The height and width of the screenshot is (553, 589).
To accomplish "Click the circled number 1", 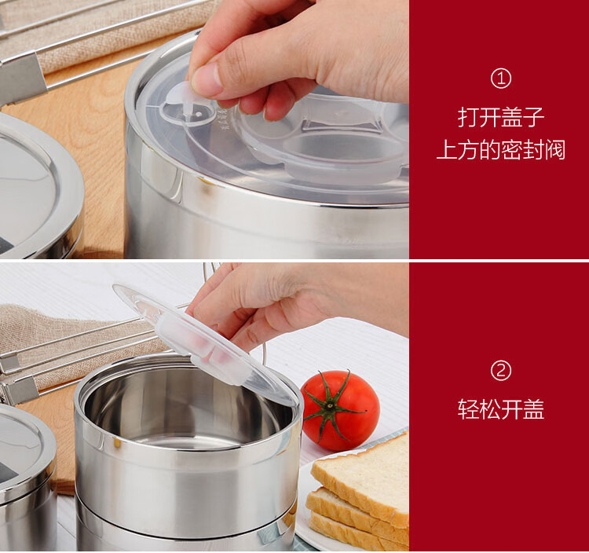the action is coord(501,79).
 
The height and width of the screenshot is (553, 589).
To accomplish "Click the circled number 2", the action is coord(501,371).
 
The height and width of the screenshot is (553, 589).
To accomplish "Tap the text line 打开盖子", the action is coord(501,117).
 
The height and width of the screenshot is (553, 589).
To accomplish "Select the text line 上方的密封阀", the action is coord(501,149).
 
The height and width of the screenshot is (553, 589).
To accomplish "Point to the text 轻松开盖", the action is coord(501,408).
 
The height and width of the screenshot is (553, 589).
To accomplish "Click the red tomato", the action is coord(340,410).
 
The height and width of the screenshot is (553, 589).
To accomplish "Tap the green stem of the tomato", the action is coord(330,405).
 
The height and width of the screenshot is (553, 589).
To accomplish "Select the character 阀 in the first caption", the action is coord(554,149).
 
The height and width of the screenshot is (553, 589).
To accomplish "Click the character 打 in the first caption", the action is coord(468,117).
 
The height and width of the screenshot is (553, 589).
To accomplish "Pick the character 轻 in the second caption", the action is coord(468,408).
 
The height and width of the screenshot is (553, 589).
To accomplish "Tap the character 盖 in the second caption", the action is coord(534,408).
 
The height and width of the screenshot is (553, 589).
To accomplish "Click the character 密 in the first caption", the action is coord(511,149).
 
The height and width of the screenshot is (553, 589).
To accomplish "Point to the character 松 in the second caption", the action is coord(490,408).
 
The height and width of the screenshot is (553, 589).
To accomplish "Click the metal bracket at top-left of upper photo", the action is coord(23,78).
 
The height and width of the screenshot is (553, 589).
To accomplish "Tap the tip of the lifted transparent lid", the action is coord(114,287).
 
